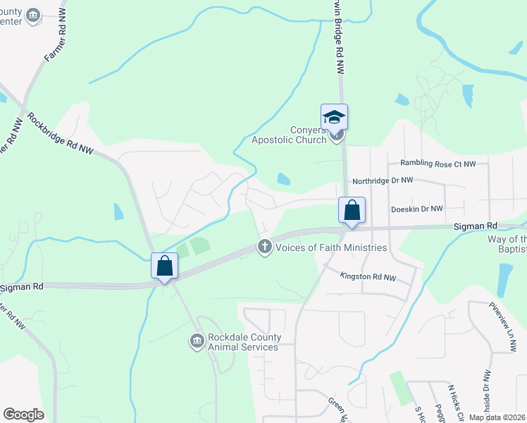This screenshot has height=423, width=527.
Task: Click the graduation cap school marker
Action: [x=335, y=117]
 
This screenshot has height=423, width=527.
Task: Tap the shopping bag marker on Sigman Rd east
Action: [x=352, y=211]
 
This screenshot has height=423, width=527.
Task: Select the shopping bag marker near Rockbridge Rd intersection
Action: [x=164, y=266]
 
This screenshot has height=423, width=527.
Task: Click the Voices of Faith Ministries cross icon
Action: [x=265, y=247]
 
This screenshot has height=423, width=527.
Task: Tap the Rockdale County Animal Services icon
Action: [x=196, y=342]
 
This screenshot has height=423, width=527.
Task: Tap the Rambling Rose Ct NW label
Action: [x=438, y=164]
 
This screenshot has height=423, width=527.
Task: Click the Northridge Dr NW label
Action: [x=383, y=181]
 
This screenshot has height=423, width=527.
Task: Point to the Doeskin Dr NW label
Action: [x=417, y=209]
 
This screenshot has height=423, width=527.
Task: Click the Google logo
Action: [x=23, y=415]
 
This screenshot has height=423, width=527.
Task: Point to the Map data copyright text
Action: [x=497, y=417]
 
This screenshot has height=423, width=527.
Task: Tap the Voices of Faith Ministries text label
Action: [x=330, y=247]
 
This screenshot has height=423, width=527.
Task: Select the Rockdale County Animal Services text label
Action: [x=244, y=342]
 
